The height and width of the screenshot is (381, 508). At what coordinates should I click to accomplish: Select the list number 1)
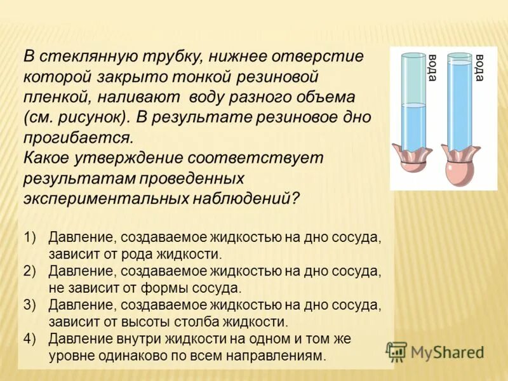click(x=32, y=237)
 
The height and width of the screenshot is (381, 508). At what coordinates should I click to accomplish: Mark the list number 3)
click(x=32, y=305)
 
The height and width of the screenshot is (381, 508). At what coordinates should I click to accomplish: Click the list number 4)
click(x=32, y=338)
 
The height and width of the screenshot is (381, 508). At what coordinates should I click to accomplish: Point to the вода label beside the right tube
click(x=480, y=68)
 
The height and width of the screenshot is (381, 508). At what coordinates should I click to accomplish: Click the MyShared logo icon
click(x=397, y=351)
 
